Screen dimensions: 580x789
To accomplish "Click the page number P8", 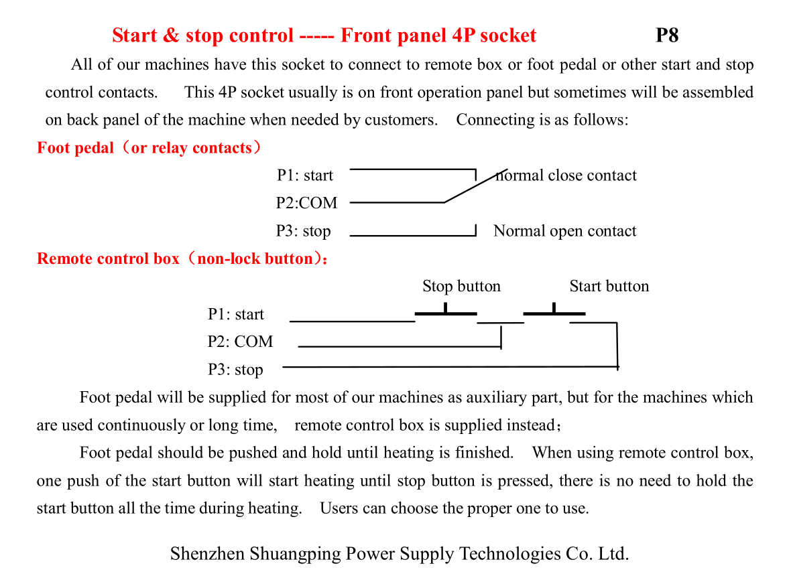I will tap(667, 35).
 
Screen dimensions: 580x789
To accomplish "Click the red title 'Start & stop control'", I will tap(202, 35).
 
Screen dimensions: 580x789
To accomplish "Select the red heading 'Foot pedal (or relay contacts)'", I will tap(149, 148).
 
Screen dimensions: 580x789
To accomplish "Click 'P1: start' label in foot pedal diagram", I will tap(305, 175).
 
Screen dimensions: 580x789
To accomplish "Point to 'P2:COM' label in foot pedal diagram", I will tap(306, 203).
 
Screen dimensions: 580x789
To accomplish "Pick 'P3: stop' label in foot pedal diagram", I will tap(304, 231).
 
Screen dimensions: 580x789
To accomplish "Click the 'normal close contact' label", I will tap(566, 175).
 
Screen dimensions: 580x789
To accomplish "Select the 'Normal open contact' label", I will tap(564, 231).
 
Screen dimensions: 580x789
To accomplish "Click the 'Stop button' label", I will tap(461, 287).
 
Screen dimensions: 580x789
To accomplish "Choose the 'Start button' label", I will tap(609, 287).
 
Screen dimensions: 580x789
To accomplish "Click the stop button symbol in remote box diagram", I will tap(446, 312).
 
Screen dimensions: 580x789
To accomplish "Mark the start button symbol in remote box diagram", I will tap(554, 312).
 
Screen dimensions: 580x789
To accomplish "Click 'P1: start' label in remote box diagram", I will tap(236, 315).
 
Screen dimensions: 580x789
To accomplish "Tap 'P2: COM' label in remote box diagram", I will tap(240, 342).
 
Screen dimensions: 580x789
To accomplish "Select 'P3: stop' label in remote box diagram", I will tap(235, 370).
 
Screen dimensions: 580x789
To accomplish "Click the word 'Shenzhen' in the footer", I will tap(207, 554).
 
